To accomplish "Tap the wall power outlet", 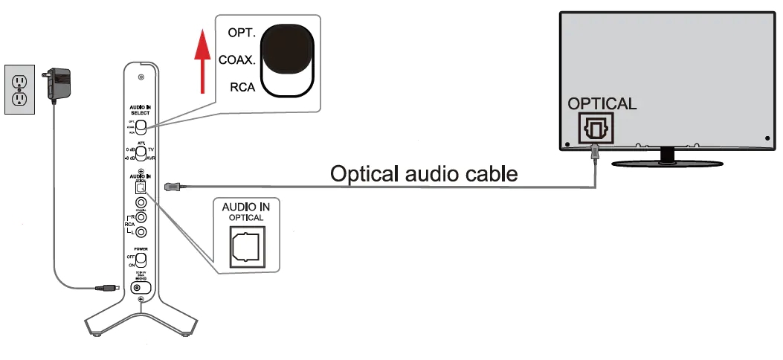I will pyautogui.click(x=19, y=89).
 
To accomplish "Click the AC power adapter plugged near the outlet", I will pyautogui.click(x=57, y=82).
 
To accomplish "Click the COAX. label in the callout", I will pyautogui.click(x=237, y=60).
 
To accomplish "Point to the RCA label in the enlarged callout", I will pyautogui.click(x=242, y=86).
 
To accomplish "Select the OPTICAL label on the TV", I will pyautogui.click(x=602, y=103).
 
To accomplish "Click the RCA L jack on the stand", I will pyautogui.click(x=139, y=232).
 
